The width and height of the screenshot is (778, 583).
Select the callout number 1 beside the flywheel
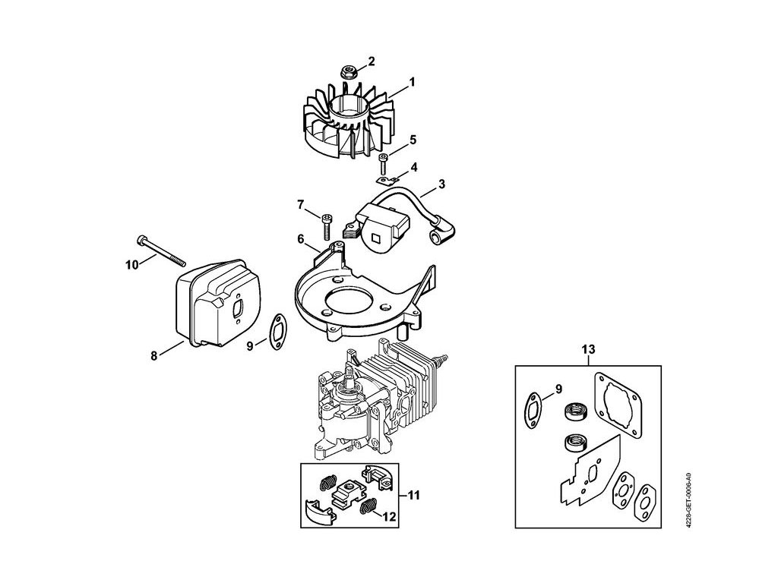pyautogui.click(x=412, y=82)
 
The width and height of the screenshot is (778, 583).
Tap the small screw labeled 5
pyautogui.click(x=383, y=162)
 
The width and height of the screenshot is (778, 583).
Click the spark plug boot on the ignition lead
pyautogui.click(x=441, y=233)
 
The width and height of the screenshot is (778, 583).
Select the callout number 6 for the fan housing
pyautogui.click(x=301, y=239)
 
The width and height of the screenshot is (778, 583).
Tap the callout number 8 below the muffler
pyautogui.click(x=153, y=355)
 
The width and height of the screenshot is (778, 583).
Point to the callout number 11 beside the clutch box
pyautogui.click(x=413, y=495)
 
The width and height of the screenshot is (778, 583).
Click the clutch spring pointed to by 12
pyautogui.click(x=367, y=506)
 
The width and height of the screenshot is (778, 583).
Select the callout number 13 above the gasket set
pyautogui.click(x=588, y=349)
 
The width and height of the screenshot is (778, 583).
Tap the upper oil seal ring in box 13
pyautogui.click(x=576, y=411)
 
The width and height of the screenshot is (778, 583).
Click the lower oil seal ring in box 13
pyautogui.click(x=576, y=443)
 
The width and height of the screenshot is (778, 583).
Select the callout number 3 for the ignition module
pyautogui.click(x=441, y=184)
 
